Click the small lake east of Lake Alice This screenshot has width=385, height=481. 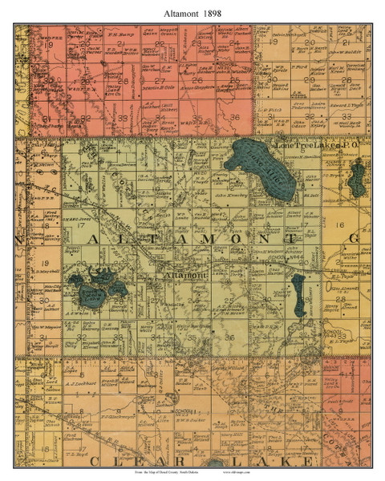(355, 183)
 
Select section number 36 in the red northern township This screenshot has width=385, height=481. (234, 119)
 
